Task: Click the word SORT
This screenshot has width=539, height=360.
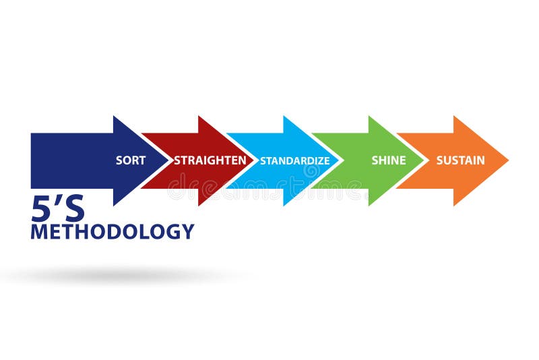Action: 131,160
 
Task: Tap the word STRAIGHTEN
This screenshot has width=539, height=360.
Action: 210,160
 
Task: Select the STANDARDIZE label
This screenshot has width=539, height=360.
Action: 295,160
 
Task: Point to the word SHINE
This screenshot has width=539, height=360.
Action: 389,160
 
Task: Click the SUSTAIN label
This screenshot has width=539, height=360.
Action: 460,160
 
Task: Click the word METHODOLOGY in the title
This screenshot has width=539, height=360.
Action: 113,231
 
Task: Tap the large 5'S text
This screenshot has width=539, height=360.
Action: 58,210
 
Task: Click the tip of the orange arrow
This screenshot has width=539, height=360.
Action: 507,160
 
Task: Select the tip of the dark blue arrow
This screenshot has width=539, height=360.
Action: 170,160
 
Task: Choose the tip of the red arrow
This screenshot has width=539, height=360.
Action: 255,160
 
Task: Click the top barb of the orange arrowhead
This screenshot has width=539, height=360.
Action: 454,117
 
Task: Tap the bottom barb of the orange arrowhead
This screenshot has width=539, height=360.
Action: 454,204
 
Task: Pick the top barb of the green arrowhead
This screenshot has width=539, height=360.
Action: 369,117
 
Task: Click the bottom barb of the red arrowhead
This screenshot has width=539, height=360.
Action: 199,204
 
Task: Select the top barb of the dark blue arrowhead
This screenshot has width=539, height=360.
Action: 114,117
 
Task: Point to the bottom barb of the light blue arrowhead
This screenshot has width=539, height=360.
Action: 284,204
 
